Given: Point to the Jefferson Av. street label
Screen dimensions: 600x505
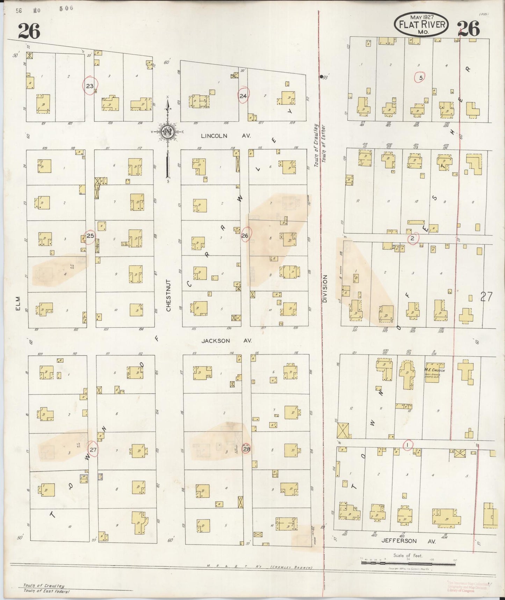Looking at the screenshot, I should point(408,541).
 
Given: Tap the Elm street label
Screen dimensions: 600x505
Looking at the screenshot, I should point(18,303).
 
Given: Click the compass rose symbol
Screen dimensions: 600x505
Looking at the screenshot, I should point(167,132).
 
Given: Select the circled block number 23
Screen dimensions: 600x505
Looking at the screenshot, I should point(90,85).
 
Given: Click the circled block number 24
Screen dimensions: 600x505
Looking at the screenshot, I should point(243,96).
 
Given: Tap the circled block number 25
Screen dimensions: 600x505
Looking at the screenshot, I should point(90,236).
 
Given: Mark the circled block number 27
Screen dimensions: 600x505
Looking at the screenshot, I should point(93,449).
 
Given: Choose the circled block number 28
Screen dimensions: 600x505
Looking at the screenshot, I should point(246,449).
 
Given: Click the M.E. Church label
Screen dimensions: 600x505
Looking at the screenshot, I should point(434,370).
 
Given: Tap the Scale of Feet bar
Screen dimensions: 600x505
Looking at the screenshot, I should point(408,560).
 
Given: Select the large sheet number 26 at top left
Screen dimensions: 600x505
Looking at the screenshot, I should point(29,31).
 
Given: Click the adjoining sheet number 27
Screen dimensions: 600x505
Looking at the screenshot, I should point(486,297).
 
